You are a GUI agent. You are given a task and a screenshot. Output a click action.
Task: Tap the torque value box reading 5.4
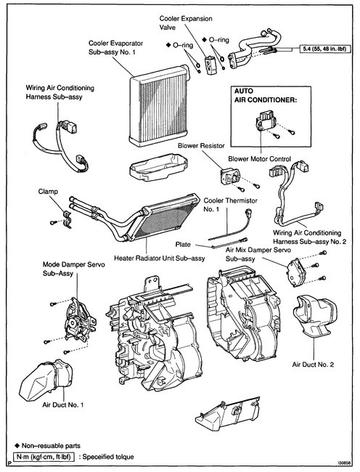click(324, 52)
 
